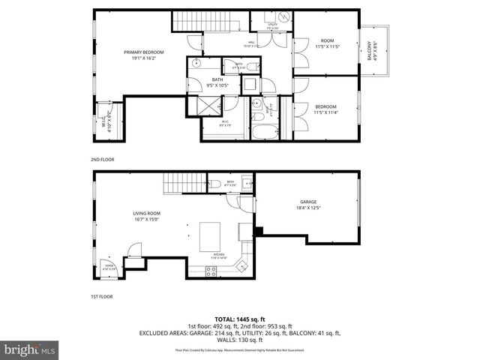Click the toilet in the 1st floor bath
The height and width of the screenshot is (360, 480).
[214, 184]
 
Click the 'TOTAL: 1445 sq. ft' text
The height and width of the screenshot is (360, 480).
[240, 319]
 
